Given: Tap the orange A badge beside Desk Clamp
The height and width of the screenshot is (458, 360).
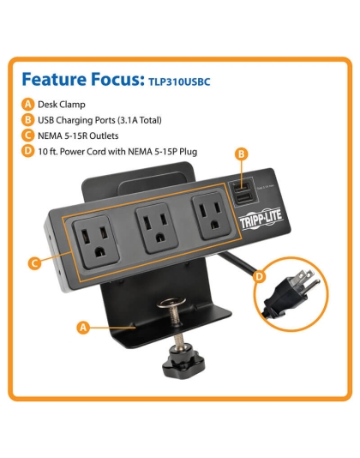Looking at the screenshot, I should (x=29, y=104).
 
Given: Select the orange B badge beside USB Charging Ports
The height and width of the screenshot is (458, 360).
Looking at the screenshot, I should (x=29, y=119).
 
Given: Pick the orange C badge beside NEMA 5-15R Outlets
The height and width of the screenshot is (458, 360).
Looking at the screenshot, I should (x=29, y=136).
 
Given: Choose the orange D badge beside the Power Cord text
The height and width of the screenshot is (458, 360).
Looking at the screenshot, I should (x=29, y=152).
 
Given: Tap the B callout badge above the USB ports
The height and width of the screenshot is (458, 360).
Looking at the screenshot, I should (x=242, y=154).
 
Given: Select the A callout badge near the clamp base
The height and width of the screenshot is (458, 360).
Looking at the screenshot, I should (x=83, y=327).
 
